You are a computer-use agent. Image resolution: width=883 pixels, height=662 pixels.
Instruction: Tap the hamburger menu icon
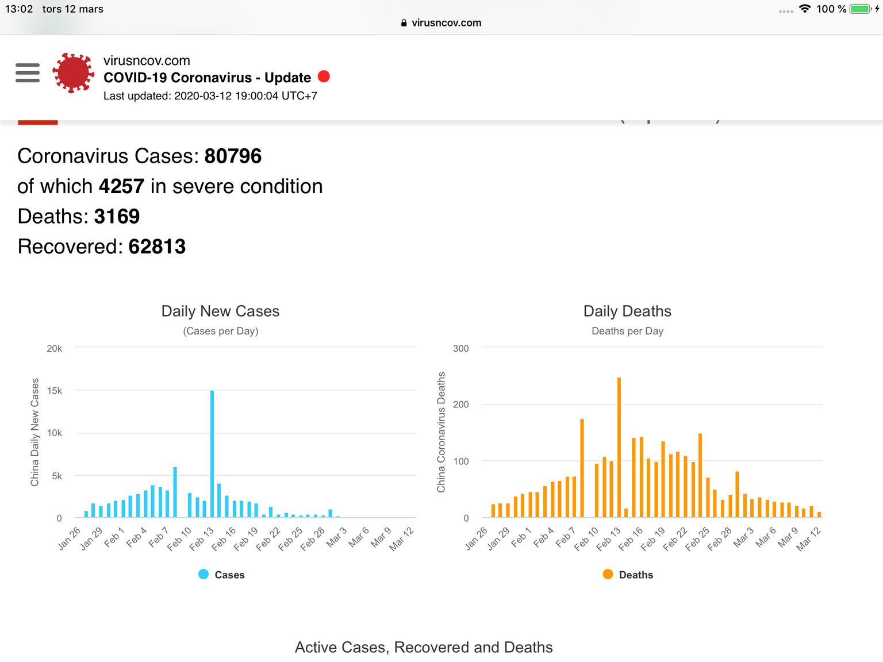28,73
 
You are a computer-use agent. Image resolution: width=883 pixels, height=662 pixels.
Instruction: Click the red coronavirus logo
73,73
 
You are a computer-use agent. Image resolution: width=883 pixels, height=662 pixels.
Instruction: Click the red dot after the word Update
324,76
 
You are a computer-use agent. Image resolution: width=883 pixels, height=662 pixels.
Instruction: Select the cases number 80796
233,156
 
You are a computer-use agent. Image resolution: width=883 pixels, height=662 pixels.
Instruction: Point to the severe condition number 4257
121,187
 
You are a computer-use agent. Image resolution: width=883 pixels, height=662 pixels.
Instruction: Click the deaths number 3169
117,217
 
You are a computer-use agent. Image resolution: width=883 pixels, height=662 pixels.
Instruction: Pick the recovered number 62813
157,247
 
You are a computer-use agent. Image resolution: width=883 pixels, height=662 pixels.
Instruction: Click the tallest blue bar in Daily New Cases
212,454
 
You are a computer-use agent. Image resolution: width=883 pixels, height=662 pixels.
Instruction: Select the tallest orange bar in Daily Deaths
619,447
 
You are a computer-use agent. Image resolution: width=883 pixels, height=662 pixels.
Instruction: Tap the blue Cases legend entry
222,575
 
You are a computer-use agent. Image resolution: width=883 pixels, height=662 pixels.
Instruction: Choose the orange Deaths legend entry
628,575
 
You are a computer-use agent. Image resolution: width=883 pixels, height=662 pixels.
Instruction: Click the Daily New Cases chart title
220,311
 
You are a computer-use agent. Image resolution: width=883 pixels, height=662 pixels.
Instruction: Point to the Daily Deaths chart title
627,311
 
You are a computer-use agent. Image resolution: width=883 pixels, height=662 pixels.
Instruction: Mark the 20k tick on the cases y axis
54,348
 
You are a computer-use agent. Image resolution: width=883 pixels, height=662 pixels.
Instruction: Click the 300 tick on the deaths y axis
460,348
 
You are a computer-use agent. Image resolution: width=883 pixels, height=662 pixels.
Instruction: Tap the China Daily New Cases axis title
34,432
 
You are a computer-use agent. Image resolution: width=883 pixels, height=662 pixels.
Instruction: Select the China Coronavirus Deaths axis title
441,432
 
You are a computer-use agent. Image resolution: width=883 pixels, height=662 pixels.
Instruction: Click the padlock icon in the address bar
404,23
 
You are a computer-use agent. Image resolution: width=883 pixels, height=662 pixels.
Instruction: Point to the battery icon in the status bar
861,9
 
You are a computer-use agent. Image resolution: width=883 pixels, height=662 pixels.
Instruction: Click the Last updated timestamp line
210,96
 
